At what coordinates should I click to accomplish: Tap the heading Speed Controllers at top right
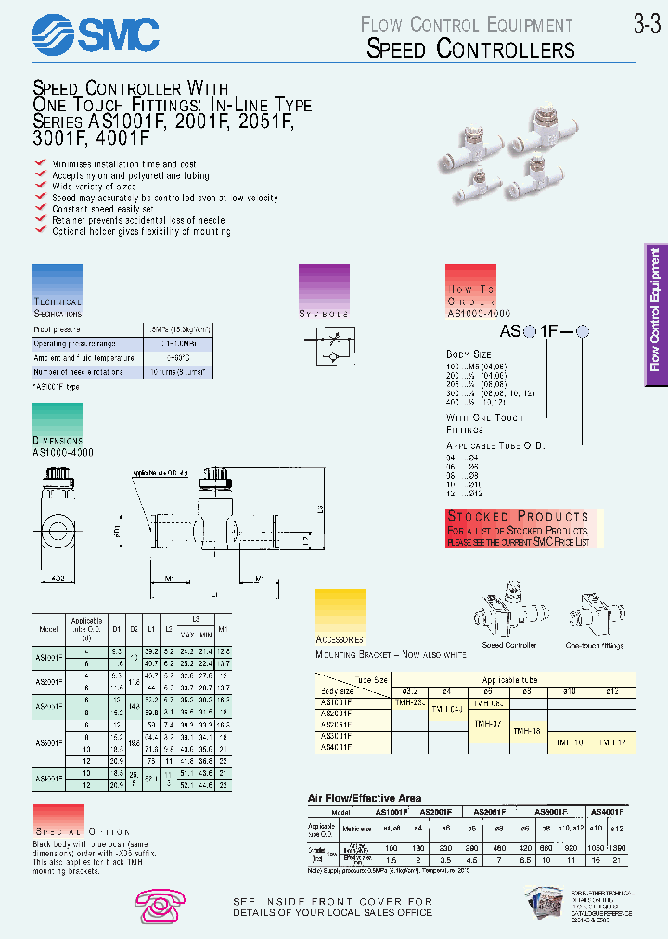[470, 49]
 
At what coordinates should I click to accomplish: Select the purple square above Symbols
[324, 285]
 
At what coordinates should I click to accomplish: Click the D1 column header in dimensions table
[117, 629]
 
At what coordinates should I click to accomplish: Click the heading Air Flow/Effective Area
[365, 798]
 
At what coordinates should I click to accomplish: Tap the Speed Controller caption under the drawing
[508, 645]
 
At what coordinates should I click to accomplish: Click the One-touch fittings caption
[595, 645]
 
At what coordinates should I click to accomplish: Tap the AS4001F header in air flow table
[609, 810]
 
